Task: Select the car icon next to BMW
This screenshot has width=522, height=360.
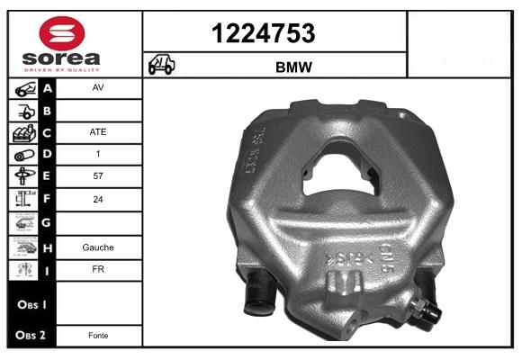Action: (x=163, y=66)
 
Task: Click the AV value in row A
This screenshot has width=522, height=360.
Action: (x=98, y=89)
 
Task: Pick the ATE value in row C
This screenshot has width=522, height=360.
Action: (x=98, y=132)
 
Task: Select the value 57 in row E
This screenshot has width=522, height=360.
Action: (x=98, y=176)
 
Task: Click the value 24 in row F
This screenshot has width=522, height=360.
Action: (x=98, y=199)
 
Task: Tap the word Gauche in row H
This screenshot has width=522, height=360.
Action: (x=98, y=247)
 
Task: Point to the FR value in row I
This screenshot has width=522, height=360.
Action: (x=98, y=269)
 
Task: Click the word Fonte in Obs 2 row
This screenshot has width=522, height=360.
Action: (x=98, y=335)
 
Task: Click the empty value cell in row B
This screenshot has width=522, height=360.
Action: (x=98, y=111)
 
